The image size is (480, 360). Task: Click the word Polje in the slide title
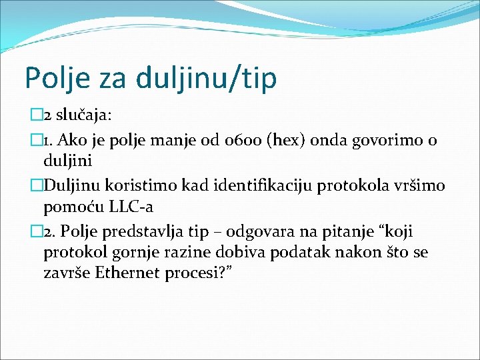(x=51, y=77)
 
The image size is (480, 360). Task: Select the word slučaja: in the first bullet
(x=83, y=115)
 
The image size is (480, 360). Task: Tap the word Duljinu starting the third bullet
(x=73, y=185)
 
